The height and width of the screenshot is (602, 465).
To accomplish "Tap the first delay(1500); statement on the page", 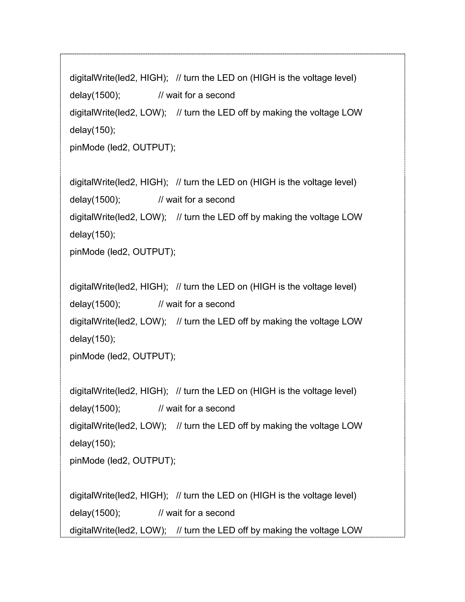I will pos(95,95).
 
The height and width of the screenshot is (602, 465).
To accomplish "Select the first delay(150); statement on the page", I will pos(93,130).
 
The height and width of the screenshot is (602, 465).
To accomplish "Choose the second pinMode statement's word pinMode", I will pos(87,252).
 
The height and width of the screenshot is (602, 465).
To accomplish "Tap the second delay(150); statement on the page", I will pos(93,235).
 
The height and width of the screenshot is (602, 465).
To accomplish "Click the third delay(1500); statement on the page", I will pos(95,304).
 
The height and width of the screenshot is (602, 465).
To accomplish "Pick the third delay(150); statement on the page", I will pos(93,339).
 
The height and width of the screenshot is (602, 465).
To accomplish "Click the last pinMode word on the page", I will pos(87,461).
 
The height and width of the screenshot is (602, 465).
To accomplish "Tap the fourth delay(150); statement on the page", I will pos(93,443).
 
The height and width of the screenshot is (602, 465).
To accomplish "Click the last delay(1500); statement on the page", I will pos(95,513).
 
